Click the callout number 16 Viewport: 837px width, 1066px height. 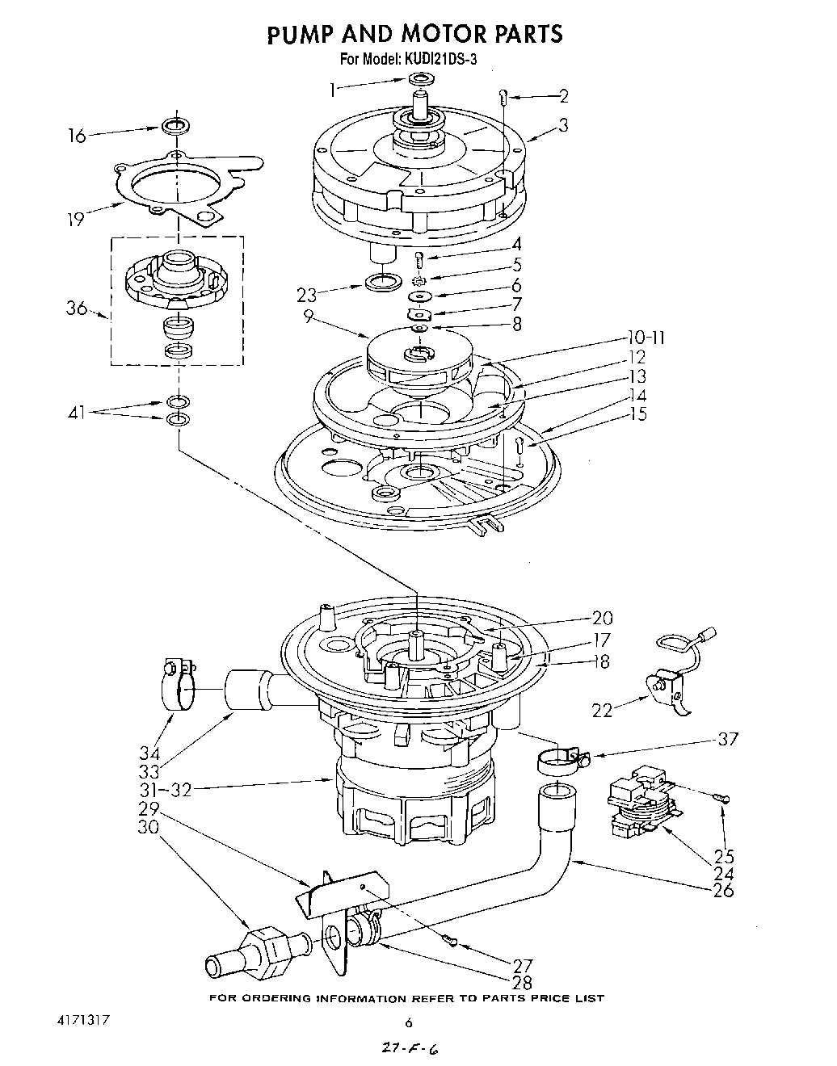76,136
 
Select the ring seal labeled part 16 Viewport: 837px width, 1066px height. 175,126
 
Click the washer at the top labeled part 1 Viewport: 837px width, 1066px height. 421,79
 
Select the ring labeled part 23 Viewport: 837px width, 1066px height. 381,282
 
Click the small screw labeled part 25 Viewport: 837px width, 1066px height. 721,798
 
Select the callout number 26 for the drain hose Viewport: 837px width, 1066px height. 724,891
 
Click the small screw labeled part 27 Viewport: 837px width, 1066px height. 450,938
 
